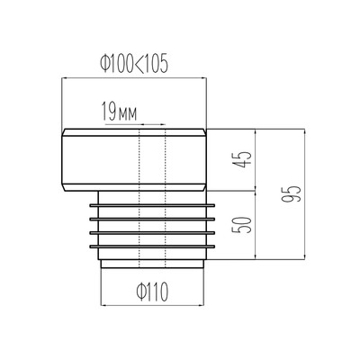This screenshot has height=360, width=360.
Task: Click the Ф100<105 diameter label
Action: pos(134,64)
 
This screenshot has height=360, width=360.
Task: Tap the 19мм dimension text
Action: pos(119,111)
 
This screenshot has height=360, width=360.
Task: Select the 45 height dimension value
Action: pos(245,159)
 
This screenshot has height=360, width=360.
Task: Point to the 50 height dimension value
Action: pos(245,225)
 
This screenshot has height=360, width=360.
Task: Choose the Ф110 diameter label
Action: pos(152,292)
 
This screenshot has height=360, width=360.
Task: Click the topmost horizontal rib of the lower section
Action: pos(152,205)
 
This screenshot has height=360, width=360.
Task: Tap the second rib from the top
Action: pos(152,220)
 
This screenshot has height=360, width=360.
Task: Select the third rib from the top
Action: pos(152,233)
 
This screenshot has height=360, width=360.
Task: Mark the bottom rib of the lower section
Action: pos(152,247)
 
